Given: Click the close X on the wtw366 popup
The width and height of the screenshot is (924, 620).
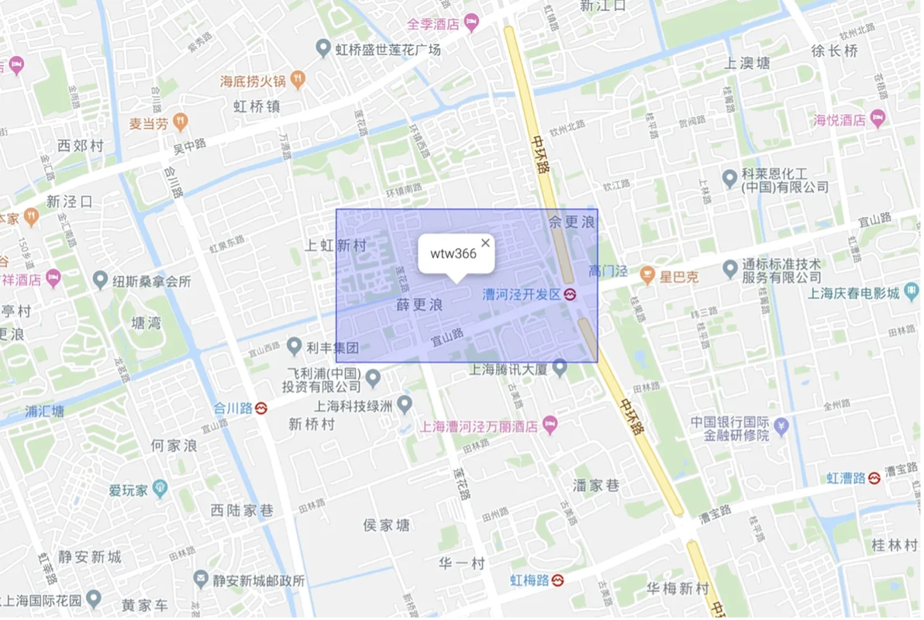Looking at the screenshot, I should pos(485,243).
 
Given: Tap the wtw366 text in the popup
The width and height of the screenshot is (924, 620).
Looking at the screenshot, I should pos(453,253).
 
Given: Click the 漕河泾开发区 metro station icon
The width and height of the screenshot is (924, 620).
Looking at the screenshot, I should pos(571,294).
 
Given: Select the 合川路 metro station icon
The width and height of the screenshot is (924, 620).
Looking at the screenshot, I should pos(262,408).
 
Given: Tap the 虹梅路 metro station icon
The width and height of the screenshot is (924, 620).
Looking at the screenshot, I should pos(557,580).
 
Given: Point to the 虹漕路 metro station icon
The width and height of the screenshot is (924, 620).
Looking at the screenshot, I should pos(874,477).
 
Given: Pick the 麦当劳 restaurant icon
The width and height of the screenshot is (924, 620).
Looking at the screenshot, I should pos(181,122).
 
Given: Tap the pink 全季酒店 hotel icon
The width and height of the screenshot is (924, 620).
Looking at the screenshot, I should pos(471,23).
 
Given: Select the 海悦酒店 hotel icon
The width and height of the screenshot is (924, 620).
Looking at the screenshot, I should pos(877,119).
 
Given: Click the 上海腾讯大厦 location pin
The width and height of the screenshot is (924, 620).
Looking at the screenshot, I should pos(560,370).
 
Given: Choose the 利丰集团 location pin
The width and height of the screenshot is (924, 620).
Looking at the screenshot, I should pos(294,346).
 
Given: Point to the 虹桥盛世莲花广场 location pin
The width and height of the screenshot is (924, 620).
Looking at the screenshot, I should pos(324,50).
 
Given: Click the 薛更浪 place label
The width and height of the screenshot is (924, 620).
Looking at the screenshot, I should pos(419,305).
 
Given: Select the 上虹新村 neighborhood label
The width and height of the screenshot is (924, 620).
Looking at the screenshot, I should pos(335,246).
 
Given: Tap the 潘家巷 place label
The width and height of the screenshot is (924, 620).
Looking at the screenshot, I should pos(596,486).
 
